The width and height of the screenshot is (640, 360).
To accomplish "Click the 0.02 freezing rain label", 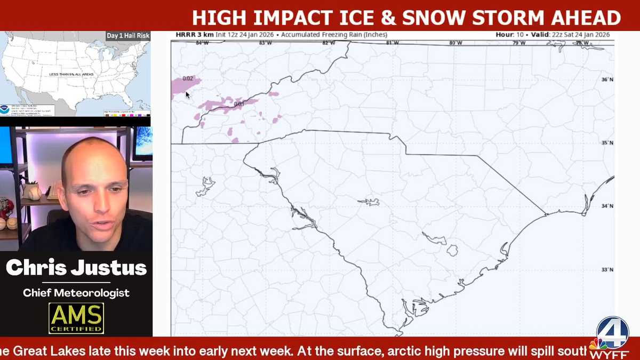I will coord(188,78).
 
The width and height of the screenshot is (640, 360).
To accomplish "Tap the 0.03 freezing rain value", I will coord(239,104).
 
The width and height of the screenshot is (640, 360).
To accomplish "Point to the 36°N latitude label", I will coord(607,79).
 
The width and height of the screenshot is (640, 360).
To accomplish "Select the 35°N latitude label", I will coord(607,143).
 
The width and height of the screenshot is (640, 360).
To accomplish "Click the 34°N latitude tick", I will coord(607,206).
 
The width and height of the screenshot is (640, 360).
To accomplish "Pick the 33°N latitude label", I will coord(607,269).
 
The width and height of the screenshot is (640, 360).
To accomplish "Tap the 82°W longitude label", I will coord(329,43).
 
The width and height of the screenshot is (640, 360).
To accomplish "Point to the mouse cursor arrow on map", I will coord(188,95).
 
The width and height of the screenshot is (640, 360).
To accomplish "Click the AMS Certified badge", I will coord(76,318).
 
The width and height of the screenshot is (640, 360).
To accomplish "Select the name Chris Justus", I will coord(76,268).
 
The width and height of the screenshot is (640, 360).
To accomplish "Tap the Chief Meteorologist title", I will coord(76,293).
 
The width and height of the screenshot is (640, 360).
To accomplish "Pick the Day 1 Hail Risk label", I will coord(128,36).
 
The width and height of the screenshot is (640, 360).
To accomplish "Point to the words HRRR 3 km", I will coord(195,35).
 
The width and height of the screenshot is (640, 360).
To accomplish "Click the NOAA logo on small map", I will coord(5,108).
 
